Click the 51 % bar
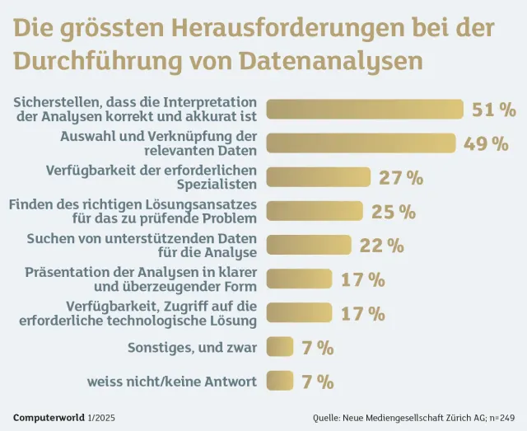pyautogui.click(x=366, y=109)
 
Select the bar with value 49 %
pyautogui.click(x=361, y=143)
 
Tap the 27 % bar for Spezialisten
pyautogui.click(x=319, y=176)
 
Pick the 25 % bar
pyautogui.click(x=315, y=210)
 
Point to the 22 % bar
pyautogui.click(x=310, y=245)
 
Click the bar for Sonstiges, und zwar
pyautogui.click(x=280, y=347)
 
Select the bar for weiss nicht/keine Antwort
pyautogui.click(x=280, y=381)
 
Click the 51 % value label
pyautogui.click(x=493, y=110)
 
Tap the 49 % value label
pyautogui.click(x=486, y=143)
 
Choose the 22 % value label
pyautogui.click(x=381, y=246)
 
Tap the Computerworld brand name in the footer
pyautogui.click(x=49, y=417)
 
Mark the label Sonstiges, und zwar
pyautogui.click(x=192, y=348)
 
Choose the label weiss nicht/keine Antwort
pyautogui.click(x=172, y=382)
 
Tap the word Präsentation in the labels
pyautogui.click(x=68, y=272)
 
